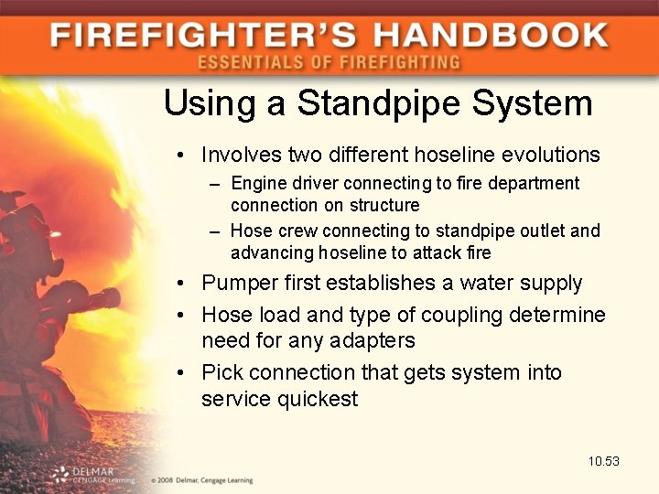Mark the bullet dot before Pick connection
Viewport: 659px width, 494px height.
(184, 373)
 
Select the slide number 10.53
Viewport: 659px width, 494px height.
(604, 461)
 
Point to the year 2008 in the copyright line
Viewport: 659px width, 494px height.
(165, 479)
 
